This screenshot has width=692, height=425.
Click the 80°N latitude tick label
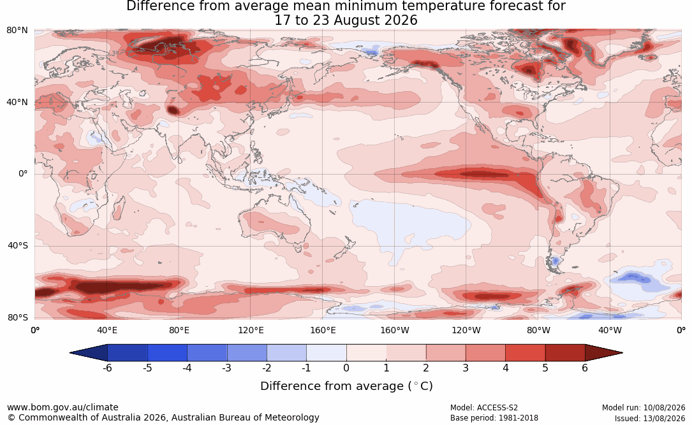(17, 31)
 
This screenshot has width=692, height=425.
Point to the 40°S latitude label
(18, 245)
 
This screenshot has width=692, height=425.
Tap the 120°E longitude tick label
(251, 330)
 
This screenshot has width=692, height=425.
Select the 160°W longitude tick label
(395, 330)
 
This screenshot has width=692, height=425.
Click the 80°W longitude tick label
(538, 330)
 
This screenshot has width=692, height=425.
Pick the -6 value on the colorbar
(107, 368)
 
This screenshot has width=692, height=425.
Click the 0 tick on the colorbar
(346, 368)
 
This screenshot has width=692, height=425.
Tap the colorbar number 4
(505, 368)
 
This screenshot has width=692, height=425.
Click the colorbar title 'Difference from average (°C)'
(346, 386)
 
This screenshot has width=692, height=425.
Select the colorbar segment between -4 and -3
(207, 353)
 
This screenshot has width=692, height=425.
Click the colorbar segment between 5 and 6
(565, 353)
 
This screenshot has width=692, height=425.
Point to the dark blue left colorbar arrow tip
(70, 353)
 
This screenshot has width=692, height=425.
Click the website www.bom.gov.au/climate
(63, 407)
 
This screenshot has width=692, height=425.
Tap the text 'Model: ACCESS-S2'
(484, 408)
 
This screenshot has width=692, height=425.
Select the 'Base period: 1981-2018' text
(494, 418)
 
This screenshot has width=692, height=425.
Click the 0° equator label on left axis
(23, 174)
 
